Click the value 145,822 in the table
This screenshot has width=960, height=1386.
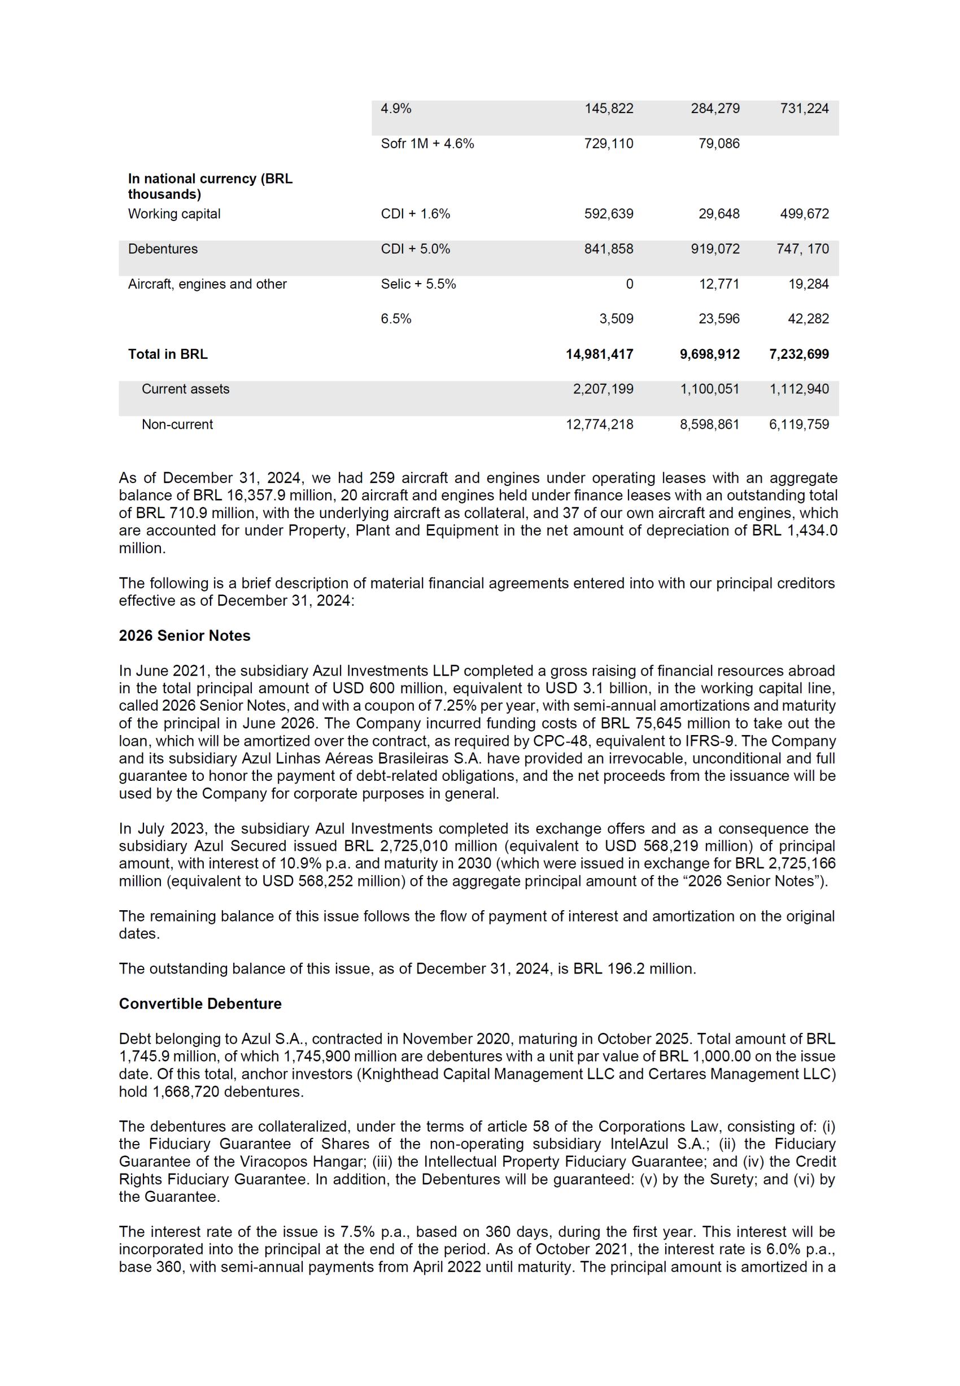[608, 108]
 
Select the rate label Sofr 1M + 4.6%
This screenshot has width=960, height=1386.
[427, 144]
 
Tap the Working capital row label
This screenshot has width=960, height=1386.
[174, 214]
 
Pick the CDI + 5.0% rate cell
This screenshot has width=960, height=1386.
[415, 249]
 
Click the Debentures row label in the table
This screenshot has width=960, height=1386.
[163, 249]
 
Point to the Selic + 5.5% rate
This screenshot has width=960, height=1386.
[418, 284]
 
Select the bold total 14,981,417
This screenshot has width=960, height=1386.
[599, 354]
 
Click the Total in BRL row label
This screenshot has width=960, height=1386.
[167, 354]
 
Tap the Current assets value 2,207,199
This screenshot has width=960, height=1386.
[603, 389]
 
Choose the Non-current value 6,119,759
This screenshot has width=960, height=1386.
[799, 424]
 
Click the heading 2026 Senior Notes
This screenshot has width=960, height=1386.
[184, 636]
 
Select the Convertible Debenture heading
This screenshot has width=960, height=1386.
[200, 1004]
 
